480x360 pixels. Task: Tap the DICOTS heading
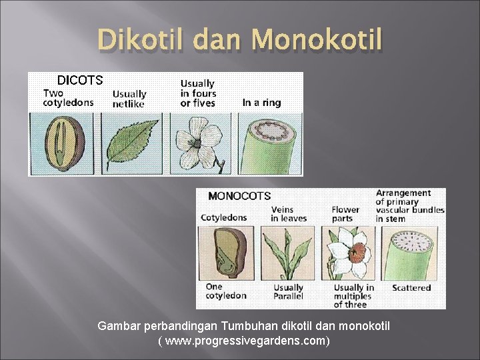click(x=79, y=81)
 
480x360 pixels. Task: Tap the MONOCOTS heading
click(x=239, y=196)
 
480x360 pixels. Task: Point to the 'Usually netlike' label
click(x=129, y=99)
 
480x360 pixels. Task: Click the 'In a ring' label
click(x=261, y=103)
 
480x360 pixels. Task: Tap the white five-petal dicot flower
click(x=199, y=141)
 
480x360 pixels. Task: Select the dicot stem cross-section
click(x=269, y=143)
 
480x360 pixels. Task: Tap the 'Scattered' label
click(x=411, y=288)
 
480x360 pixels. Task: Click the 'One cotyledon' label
click(x=225, y=291)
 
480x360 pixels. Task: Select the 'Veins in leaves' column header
click(x=289, y=214)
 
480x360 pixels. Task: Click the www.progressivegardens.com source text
click(x=243, y=341)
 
